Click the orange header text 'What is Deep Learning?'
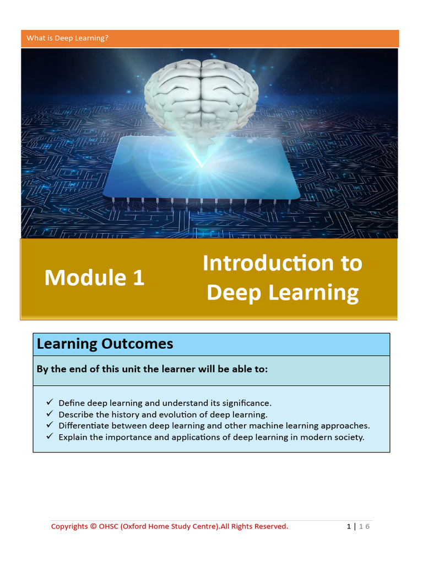pyautogui.click(x=68, y=38)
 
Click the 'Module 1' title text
pyautogui.click(x=94, y=277)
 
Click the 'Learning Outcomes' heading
pyautogui.click(x=105, y=344)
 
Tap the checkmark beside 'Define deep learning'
pyautogui.click(x=50, y=402)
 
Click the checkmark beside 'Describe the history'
pyautogui.click(x=50, y=414)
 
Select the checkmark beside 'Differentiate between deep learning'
pyautogui.click(x=50, y=425)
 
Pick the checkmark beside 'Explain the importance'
pyautogui.click(x=50, y=437)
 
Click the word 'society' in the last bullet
pyautogui.click(x=349, y=438)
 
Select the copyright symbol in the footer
pyautogui.click(x=93, y=526)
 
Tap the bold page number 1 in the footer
pyautogui.click(x=349, y=526)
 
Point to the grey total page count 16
pyautogui.click(x=364, y=526)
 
